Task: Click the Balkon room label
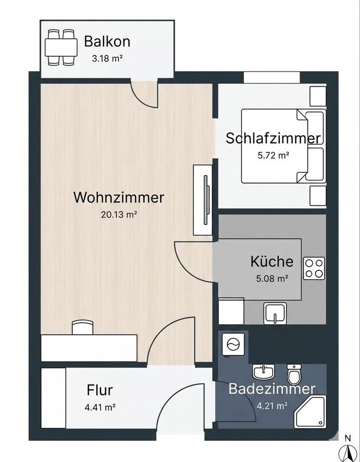[x=107, y=41]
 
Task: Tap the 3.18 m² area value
[x=107, y=59]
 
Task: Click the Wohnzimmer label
[x=118, y=197]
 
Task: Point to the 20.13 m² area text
[x=119, y=215]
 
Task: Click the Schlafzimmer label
[x=273, y=139]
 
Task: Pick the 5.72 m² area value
[x=273, y=155]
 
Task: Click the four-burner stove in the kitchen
[x=314, y=269]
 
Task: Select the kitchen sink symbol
[x=275, y=313]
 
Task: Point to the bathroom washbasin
[x=263, y=372]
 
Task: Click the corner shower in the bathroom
[x=310, y=411]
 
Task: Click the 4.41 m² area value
[x=100, y=407]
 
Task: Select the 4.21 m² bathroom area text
[x=272, y=406]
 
